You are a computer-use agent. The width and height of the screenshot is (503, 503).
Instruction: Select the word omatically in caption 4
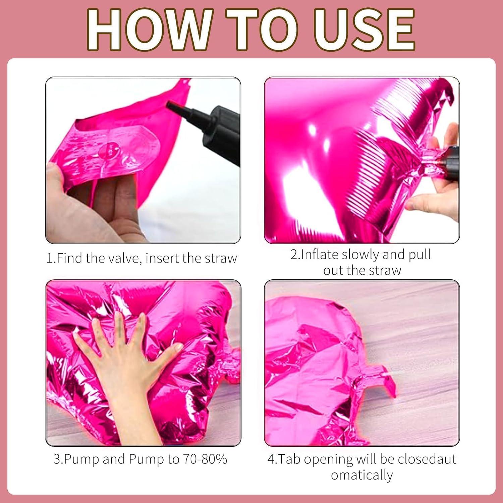tap(362, 475)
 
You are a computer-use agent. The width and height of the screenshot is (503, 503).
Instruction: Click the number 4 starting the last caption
tap(271, 459)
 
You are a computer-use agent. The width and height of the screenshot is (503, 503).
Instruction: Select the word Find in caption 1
tap(70, 258)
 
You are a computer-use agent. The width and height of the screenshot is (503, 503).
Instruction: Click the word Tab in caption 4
tap(290, 459)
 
